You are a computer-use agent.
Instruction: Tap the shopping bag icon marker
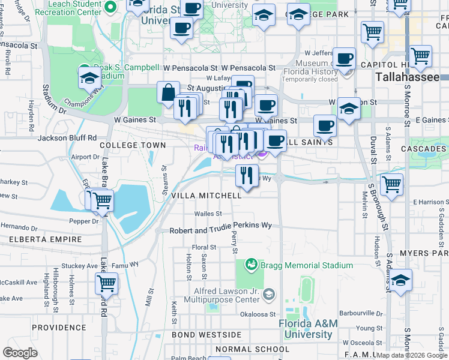tap(169, 92)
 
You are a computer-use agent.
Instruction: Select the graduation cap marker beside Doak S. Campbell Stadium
tap(89, 78)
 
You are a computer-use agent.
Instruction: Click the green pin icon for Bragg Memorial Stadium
tap(251, 265)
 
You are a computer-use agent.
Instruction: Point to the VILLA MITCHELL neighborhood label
tap(206, 196)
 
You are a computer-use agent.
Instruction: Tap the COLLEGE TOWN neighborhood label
tap(132, 146)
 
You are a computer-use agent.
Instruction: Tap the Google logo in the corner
tap(20, 353)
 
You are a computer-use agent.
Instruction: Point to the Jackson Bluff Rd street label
tap(67, 137)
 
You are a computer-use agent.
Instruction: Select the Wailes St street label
tap(208, 214)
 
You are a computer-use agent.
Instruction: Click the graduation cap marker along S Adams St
tap(401, 280)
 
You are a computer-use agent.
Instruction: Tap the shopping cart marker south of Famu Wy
tap(106, 283)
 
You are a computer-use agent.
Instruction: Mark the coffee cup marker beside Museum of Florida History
tap(344, 59)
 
